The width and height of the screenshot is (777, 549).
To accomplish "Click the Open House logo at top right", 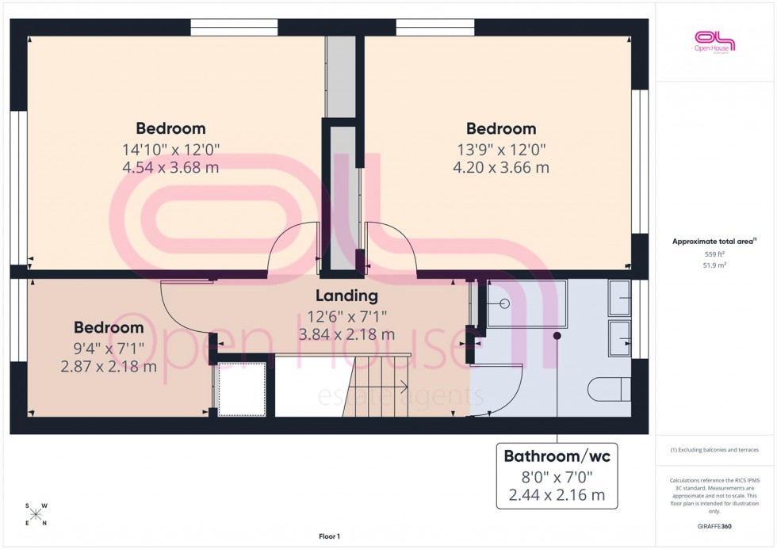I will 714,40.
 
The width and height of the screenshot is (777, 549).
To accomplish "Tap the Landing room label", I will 346,296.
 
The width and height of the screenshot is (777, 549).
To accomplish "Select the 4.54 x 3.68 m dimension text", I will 170,168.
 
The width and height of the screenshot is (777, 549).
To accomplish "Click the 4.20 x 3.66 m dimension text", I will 500,168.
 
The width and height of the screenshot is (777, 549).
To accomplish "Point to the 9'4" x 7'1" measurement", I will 109,347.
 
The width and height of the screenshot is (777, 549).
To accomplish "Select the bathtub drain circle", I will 505,303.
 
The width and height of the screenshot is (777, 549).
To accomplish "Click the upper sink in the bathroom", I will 619,297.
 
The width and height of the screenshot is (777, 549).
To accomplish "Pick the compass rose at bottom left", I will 36,513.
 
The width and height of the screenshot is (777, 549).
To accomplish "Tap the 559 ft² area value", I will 714,254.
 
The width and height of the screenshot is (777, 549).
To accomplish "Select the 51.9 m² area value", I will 714,265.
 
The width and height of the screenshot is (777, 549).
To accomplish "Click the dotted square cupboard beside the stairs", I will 242,389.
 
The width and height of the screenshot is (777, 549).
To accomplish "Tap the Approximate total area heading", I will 714,242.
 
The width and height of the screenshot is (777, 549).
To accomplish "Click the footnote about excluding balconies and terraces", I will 714,450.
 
